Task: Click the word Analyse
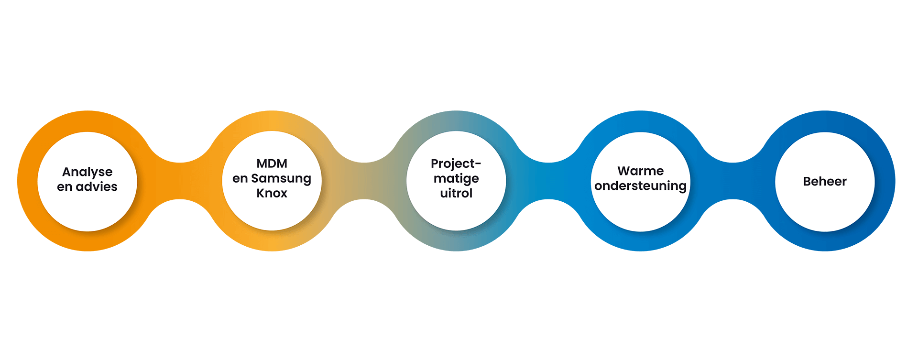pos(87,172)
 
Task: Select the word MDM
pos(272,164)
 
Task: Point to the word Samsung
pos(281,179)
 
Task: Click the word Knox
pos(272,193)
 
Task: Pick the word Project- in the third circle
pos(456,164)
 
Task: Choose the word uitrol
pos(456,193)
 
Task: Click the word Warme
pos(640,171)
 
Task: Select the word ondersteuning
pos(640,186)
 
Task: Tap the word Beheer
pos(825,182)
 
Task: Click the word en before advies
pos(65,187)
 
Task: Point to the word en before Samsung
pos(240,179)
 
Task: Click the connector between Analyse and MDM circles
pos(179,181)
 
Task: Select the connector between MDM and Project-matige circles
pos(364,181)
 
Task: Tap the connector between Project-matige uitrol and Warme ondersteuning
pos(548,181)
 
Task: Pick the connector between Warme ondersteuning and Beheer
pos(732,181)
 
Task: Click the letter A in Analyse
pos(67,172)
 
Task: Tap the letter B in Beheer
pos(808,182)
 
